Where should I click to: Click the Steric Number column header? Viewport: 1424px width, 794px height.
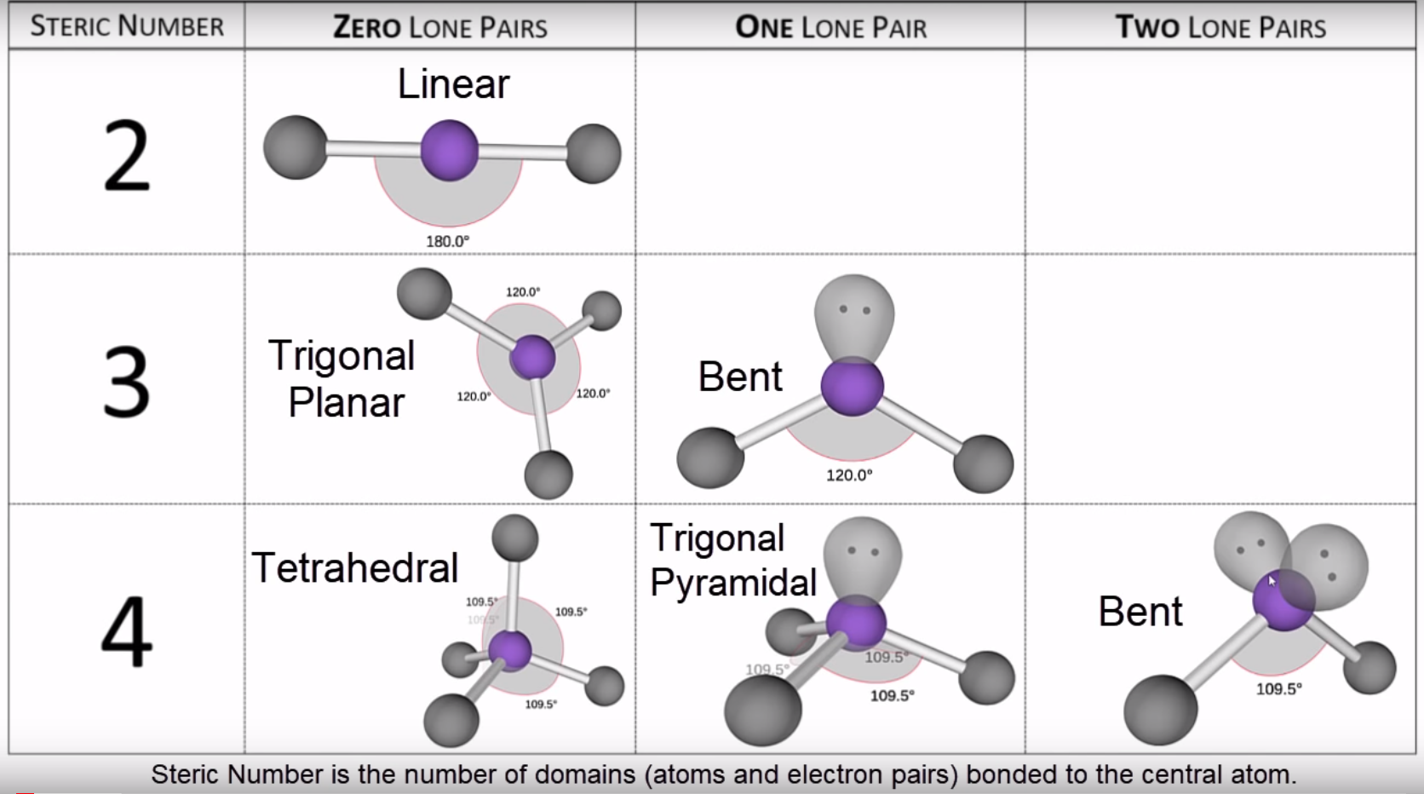(127, 26)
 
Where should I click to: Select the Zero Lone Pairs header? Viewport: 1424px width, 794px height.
(440, 27)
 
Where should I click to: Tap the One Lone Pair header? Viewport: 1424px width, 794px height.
(831, 27)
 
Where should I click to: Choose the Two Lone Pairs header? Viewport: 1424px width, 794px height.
(1220, 27)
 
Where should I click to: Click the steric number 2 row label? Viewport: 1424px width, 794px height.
(127, 156)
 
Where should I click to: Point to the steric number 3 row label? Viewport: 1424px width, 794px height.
(127, 382)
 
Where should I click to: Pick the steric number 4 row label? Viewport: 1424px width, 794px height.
(127, 630)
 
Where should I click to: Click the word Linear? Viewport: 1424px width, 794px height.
(453, 83)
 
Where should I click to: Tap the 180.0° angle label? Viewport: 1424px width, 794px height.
(447, 242)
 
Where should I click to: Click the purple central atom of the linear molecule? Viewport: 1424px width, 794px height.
(450, 151)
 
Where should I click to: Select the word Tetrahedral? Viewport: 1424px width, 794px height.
(355, 567)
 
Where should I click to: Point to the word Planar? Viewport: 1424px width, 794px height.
(346, 403)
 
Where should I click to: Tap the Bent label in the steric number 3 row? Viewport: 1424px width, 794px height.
(740, 377)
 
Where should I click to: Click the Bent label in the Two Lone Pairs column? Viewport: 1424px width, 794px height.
(1140, 612)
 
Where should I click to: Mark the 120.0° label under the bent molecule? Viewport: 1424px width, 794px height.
(849, 475)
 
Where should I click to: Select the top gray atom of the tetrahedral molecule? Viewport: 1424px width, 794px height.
(515, 538)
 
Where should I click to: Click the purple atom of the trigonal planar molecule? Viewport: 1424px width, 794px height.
(533, 357)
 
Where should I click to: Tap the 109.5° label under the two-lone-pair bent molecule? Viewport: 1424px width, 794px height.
(1279, 689)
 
